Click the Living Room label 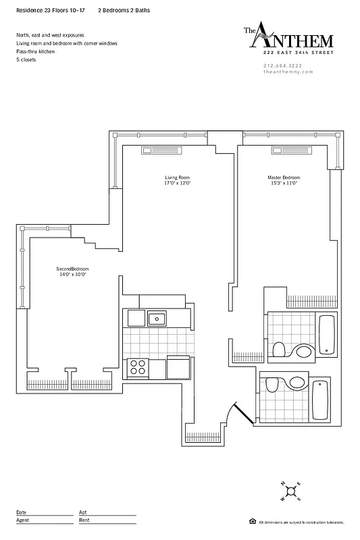177,181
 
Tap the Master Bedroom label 282,181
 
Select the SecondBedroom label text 72,272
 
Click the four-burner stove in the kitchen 138,368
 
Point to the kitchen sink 157,318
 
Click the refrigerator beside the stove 178,368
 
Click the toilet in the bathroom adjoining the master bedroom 278,348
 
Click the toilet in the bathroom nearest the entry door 272,385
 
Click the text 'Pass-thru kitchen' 36,51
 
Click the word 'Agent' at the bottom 22,520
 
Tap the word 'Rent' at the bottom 84,520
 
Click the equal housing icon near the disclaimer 252,522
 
